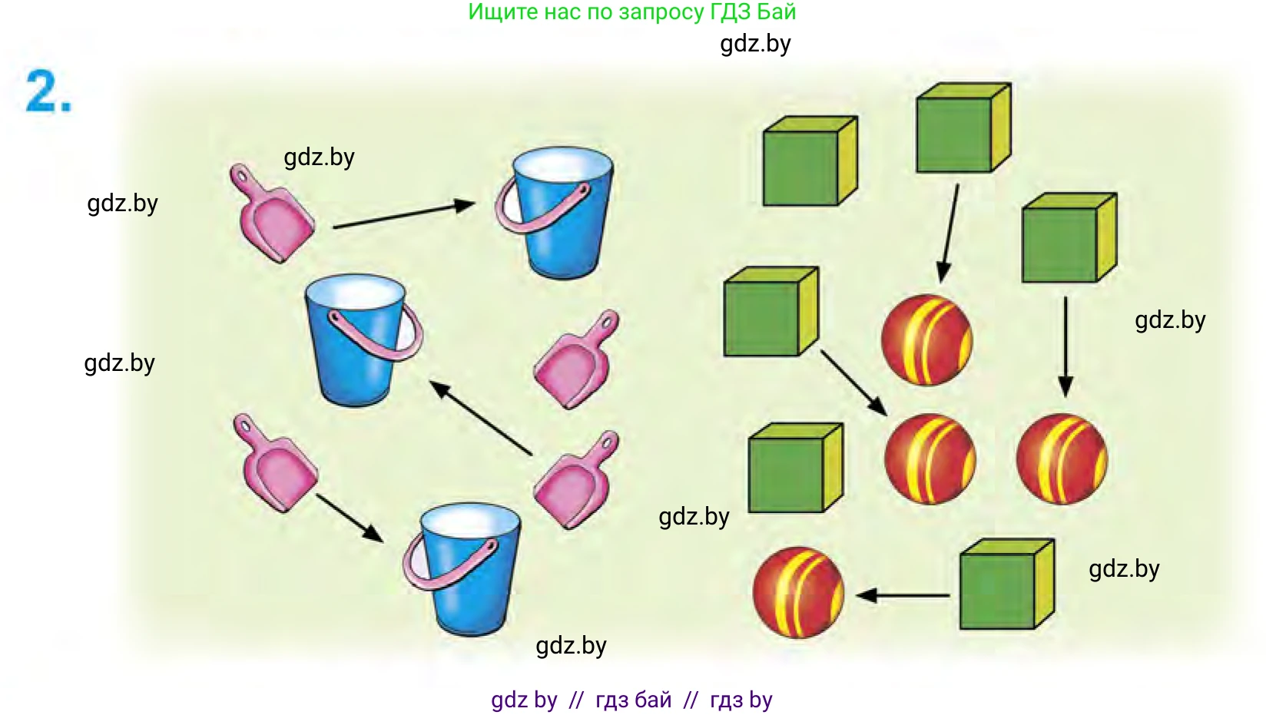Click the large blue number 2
click(48, 91)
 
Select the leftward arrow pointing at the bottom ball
click(903, 595)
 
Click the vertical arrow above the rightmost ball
click(1065, 346)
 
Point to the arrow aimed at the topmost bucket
click(404, 215)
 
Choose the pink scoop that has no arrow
click(576, 359)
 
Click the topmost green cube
click(963, 127)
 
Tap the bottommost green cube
click(1007, 584)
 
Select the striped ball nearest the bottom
click(799, 592)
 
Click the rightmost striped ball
click(1062, 458)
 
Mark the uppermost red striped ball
click(927, 339)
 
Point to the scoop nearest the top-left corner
click(271, 214)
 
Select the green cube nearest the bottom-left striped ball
click(796, 468)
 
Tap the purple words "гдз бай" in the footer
click(634, 700)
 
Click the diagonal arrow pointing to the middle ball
click(853, 382)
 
